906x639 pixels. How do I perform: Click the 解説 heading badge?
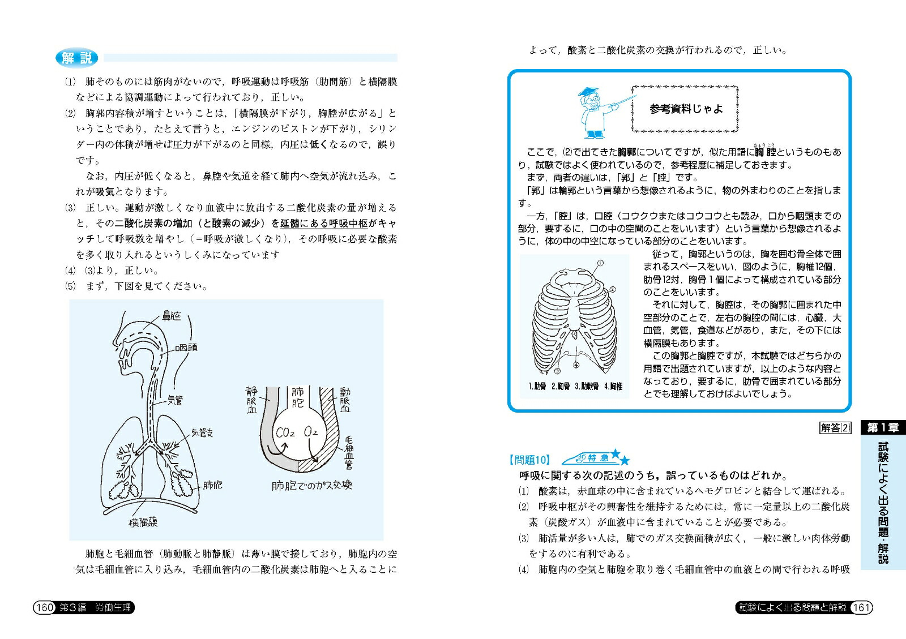(x=76, y=58)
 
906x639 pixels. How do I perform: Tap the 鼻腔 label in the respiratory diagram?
(x=172, y=316)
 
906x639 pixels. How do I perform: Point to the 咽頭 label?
(x=186, y=347)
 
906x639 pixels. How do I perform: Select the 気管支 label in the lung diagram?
(x=202, y=432)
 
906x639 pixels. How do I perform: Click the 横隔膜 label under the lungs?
(x=143, y=522)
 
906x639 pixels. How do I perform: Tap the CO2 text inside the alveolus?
(x=285, y=433)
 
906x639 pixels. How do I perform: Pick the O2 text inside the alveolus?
(x=311, y=432)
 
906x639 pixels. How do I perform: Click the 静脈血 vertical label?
(x=252, y=400)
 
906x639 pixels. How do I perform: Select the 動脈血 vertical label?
(x=345, y=400)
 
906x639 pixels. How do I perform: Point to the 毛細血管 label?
(x=349, y=453)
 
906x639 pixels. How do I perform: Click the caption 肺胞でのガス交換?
(x=311, y=485)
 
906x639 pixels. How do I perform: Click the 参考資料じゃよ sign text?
(x=686, y=109)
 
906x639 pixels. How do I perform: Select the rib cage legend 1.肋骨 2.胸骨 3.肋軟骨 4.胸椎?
(x=575, y=386)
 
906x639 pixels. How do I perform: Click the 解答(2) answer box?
(x=835, y=428)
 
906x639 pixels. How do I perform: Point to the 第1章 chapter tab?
(x=883, y=428)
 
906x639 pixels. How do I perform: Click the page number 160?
(x=44, y=607)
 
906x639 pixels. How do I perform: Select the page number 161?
(x=861, y=607)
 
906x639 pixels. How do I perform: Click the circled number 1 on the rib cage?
(x=600, y=263)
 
